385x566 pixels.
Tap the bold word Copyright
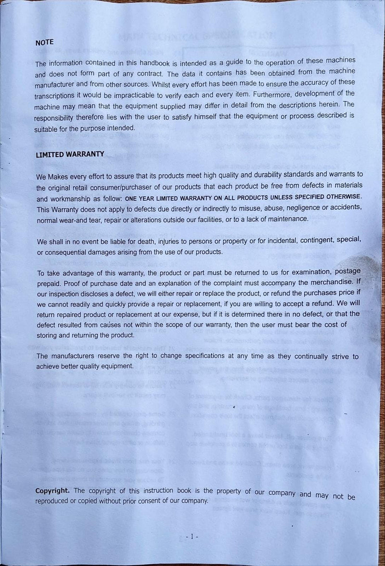point(52,490)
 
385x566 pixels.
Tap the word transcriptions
point(57,96)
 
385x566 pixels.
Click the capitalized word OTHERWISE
point(343,197)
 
